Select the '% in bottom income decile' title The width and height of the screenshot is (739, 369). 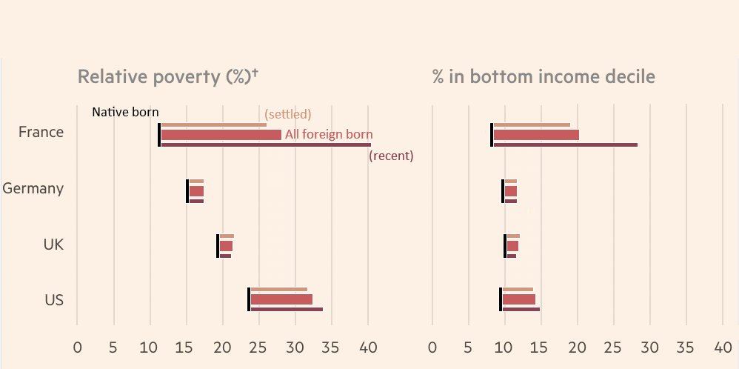[x=544, y=77]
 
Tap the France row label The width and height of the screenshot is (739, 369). [x=41, y=133]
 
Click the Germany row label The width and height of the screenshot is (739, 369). [x=33, y=188]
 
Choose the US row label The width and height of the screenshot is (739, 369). [x=54, y=300]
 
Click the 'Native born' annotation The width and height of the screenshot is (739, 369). [x=125, y=113]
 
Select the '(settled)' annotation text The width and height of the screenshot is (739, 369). [x=288, y=114]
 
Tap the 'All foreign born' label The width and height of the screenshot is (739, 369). [x=328, y=135]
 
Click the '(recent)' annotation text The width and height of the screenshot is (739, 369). [x=391, y=156]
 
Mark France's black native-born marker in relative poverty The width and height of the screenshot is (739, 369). [x=159, y=135]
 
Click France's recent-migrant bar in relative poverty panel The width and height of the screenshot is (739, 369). [x=266, y=145]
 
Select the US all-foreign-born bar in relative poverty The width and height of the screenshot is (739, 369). [x=281, y=300]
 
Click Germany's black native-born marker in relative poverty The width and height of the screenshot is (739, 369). [x=187, y=191]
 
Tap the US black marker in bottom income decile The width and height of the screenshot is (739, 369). [x=501, y=299]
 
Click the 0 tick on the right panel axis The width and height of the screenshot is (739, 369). [x=432, y=346]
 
